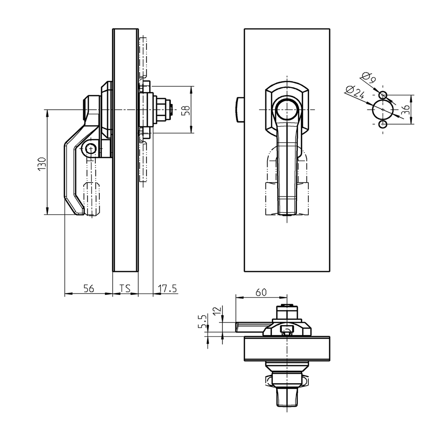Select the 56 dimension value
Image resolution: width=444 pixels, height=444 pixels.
click(88, 288)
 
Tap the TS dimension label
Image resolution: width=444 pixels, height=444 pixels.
click(125, 288)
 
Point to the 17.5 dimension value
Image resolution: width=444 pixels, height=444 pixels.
click(167, 288)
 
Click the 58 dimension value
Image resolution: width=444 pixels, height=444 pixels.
click(186, 110)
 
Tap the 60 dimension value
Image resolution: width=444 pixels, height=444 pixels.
click(261, 292)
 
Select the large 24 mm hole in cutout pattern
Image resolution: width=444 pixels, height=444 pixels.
click(382, 110)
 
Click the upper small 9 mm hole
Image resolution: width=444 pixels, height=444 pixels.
click(382, 95)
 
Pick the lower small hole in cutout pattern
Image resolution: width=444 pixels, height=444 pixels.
click(382, 124)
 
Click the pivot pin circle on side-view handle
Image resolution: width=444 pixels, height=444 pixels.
click(90, 149)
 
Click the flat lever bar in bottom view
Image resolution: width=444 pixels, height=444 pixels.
click(249, 326)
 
